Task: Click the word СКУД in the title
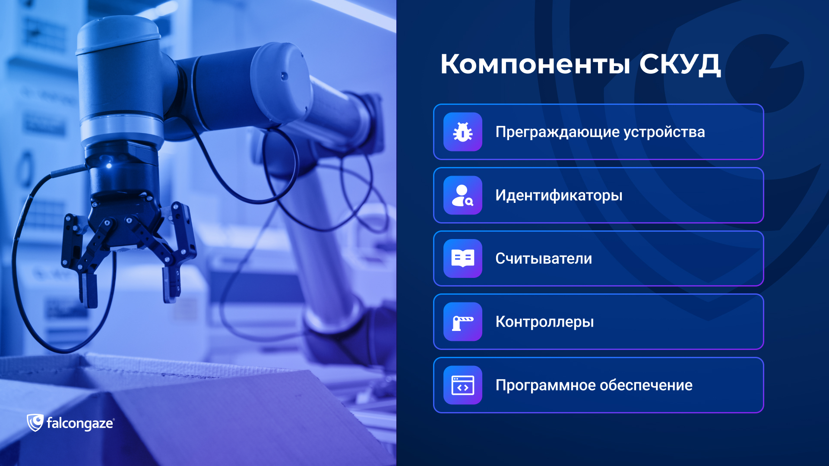(680, 65)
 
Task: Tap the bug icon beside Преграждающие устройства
(462, 132)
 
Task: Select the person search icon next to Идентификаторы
(462, 195)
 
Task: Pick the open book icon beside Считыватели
(462, 258)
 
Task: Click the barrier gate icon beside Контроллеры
(462, 322)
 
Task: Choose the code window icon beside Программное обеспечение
(462, 385)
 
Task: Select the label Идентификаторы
(559, 195)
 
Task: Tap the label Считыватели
(544, 258)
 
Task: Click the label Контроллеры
(544, 322)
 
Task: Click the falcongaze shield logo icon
(35, 423)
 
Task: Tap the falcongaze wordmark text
(80, 424)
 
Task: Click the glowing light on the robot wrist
(109, 165)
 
